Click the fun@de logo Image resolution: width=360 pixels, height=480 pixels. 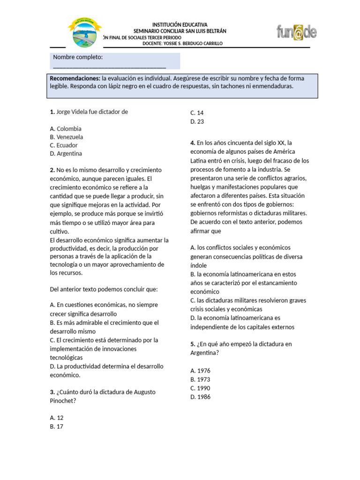(296, 32)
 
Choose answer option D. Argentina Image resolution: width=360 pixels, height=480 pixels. (66, 153)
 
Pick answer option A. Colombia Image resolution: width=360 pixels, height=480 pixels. (66, 128)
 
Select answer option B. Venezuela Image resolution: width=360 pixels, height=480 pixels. (67, 137)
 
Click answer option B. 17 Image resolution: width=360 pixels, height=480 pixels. (56, 426)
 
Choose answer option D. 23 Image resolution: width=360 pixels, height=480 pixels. (197, 121)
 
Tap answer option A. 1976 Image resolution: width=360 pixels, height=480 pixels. (201, 370)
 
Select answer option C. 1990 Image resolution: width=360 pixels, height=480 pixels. (201, 388)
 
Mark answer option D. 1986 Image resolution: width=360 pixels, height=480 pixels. (201, 397)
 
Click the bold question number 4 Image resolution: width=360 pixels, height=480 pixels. (193, 142)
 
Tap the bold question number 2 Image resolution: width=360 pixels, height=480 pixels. (52, 170)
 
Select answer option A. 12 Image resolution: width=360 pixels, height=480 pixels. (56, 417)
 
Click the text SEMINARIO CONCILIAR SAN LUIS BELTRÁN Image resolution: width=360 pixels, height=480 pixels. (180, 31)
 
